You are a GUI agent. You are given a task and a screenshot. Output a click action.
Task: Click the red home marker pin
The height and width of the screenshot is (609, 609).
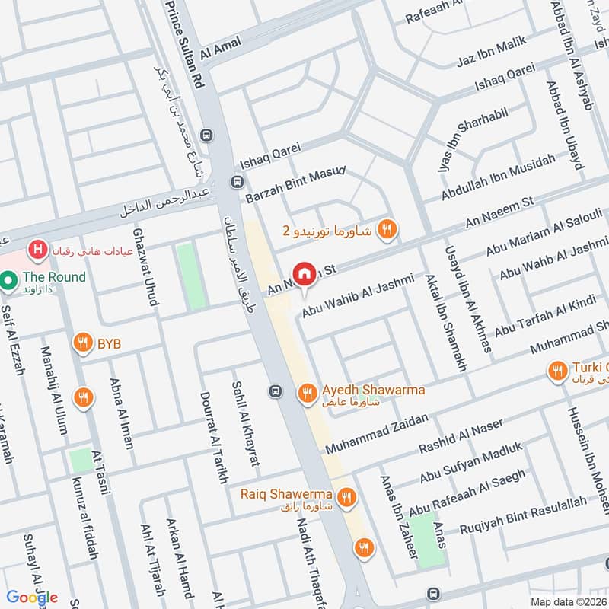[304, 274]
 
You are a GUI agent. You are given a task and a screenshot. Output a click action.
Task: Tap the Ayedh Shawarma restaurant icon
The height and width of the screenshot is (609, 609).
[307, 392]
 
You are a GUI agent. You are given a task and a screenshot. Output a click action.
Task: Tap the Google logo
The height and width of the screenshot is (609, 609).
[32, 597]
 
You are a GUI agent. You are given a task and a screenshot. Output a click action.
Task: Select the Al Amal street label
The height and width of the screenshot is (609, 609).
[215, 49]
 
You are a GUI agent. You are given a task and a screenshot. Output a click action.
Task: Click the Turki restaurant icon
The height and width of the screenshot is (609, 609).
[558, 371]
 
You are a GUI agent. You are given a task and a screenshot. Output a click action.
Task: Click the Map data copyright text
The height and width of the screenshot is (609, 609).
[569, 601]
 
